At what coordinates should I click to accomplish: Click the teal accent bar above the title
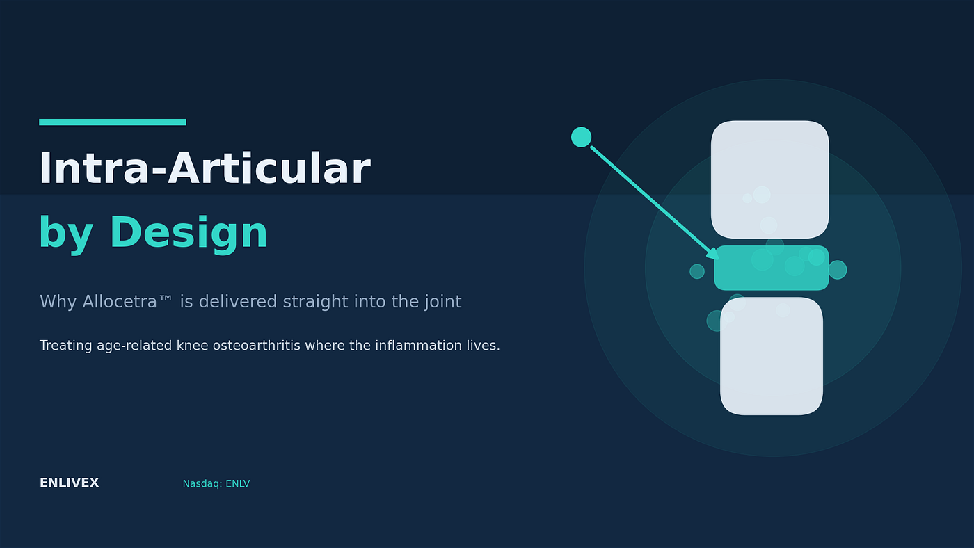(113, 122)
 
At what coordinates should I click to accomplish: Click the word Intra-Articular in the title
(205, 168)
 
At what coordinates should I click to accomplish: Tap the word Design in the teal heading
(189, 233)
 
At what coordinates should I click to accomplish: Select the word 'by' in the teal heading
(66, 235)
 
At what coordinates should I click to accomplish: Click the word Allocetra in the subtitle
(120, 302)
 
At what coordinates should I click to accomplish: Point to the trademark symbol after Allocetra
(166, 298)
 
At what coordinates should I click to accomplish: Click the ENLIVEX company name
(69, 483)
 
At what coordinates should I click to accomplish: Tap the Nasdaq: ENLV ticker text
(216, 484)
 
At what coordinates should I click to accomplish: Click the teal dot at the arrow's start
(582, 137)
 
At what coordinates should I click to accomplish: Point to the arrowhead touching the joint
(714, 255)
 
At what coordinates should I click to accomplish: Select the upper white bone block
(769, 179)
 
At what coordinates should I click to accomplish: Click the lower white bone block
(772, 356)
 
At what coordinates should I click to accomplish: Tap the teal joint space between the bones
(772, 268)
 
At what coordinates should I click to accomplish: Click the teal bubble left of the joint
(697, 272)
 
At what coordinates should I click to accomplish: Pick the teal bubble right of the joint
(838, 270)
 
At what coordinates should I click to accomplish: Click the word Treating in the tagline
(65, 346)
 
